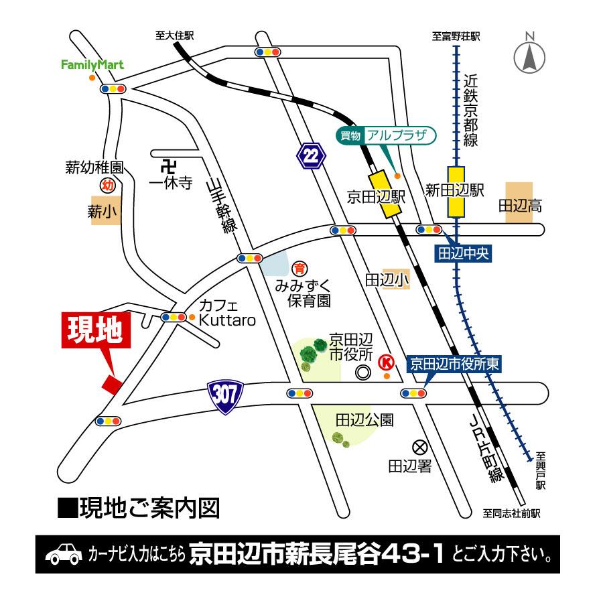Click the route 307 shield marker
224,396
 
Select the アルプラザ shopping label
386,135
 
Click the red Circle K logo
386,362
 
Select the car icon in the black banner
64,555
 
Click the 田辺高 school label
519,207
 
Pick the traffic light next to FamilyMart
112,89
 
